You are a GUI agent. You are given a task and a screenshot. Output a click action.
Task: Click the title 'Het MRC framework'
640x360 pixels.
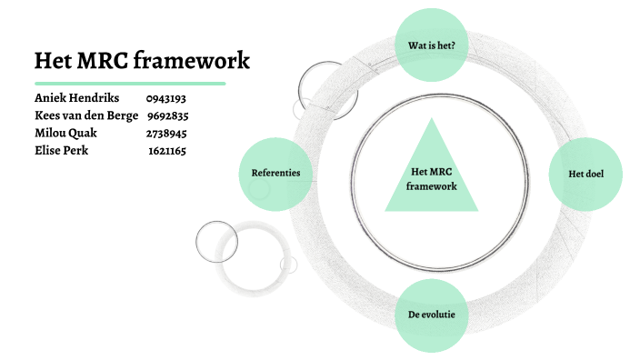click(x=141, y=61)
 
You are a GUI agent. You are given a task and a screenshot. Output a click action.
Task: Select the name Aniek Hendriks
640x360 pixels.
click(x=76, y=97)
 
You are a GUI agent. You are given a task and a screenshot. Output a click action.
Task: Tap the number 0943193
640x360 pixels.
click(x=165, y=98)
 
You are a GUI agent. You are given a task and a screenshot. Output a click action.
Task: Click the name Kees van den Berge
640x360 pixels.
click(x=86, y=115)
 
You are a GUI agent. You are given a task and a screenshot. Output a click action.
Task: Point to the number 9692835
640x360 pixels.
click(x=167, y=115)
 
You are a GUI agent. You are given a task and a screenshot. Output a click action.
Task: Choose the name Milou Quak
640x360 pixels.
click(x=66, y=133)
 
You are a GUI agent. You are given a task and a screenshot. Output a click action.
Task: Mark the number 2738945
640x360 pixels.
click(x=166, y=134)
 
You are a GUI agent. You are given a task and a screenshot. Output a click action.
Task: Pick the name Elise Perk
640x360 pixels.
click(x=63, y=150)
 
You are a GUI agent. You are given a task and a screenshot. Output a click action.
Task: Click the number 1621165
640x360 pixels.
click(x=167, y=151)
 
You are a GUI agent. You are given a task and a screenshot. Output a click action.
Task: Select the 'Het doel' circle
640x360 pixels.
click(x=586, y=173)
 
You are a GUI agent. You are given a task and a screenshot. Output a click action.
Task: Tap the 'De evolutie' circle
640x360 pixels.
click(x=432, y=315)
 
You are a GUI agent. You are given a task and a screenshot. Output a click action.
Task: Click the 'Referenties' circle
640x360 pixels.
click(x=275, y=173)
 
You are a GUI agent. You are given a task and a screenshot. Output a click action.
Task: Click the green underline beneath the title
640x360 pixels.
click(x=130, y=83)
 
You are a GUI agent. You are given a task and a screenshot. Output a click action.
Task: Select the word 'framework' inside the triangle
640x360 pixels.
click(x=432, y=185)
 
